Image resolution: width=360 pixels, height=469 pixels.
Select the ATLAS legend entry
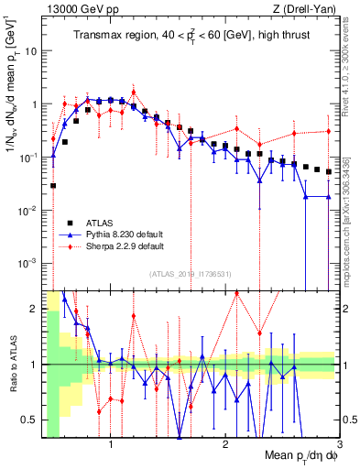coord(101,223)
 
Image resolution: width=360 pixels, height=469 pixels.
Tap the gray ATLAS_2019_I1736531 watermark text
coord(190,273)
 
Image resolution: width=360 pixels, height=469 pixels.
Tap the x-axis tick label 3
coord(339,446)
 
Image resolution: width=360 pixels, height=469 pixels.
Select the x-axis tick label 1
coord(111,446)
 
